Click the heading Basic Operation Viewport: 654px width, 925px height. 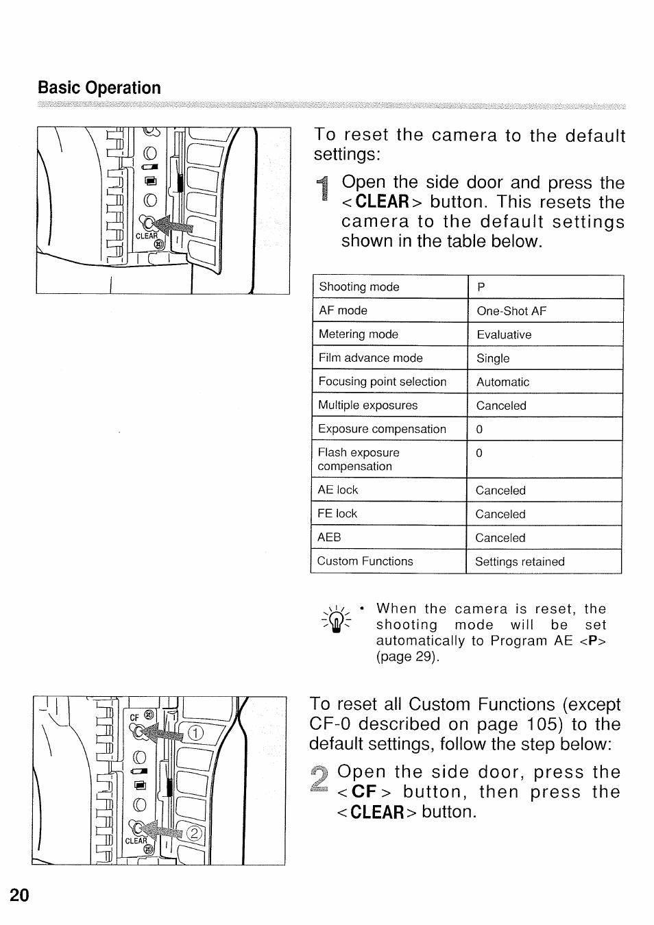point(99,88)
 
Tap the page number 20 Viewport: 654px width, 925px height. point(20,895)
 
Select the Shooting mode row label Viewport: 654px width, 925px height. point(359,287)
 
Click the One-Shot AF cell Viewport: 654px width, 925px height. point(511,311)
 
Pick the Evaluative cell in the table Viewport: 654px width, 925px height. point(504,335)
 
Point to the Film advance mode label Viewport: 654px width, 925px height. point(370,358)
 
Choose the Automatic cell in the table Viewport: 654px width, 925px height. point(502,382)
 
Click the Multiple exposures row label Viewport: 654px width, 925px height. point(367,405)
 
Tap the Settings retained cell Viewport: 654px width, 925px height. point(520,562)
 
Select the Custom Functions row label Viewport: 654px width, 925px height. point(365,561)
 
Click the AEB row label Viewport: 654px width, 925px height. point(329,537)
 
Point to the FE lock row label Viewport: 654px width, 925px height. point(337,513)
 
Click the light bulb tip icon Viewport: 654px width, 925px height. point(335,621)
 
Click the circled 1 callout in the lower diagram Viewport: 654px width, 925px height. point(196,735)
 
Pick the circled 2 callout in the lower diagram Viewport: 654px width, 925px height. point(195,833)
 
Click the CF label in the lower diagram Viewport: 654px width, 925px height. point(135,717)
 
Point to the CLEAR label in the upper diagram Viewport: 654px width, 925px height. point(147,236)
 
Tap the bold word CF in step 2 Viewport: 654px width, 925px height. point(365,793)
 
